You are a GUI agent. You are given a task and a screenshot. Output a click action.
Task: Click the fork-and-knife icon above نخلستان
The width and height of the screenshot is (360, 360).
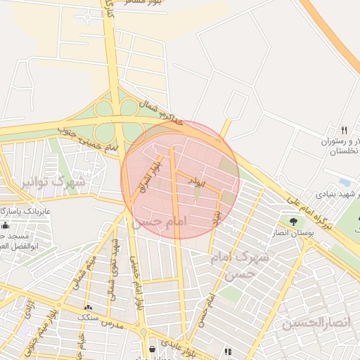[x=344, y=130]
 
